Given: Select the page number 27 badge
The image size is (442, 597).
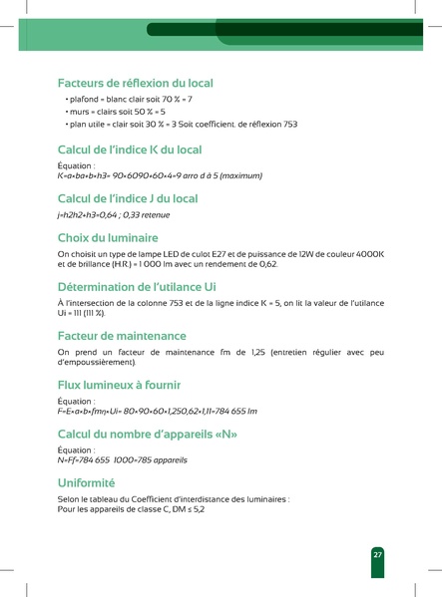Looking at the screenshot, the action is click(x=378, y=554).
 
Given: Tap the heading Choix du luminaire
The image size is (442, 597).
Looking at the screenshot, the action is click(x=108, y=238).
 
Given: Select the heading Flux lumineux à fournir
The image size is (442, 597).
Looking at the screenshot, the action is click(x=132, y=384).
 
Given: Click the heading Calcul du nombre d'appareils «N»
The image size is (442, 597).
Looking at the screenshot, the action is click(x=148, y=434).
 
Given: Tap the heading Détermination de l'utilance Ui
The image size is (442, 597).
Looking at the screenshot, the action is click(x=137, y=286).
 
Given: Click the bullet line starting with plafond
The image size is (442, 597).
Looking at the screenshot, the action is click(x=129, y=100).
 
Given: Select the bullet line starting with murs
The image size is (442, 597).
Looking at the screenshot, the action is click(x=116, y=112).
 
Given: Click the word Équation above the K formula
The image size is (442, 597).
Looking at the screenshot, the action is click(x=76, y=165).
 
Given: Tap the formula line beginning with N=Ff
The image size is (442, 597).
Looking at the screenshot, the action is click(x=123, y=460).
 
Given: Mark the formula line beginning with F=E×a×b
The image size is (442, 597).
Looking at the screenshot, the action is click(x=158, y=411).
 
